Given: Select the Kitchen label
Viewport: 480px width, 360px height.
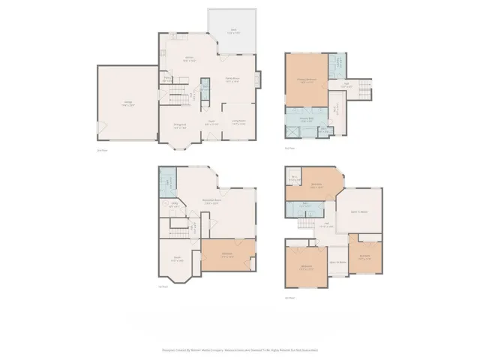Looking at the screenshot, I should click(190, 59).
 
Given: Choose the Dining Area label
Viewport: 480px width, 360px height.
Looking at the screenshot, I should click(180, 125).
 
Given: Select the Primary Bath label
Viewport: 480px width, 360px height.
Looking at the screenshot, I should click(306, 118).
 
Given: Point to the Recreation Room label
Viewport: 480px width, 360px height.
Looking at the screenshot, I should click(216, 201).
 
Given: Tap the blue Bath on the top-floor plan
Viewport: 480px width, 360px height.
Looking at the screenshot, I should click(306, 204).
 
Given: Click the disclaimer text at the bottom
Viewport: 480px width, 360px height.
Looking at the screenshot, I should click(239, 349).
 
